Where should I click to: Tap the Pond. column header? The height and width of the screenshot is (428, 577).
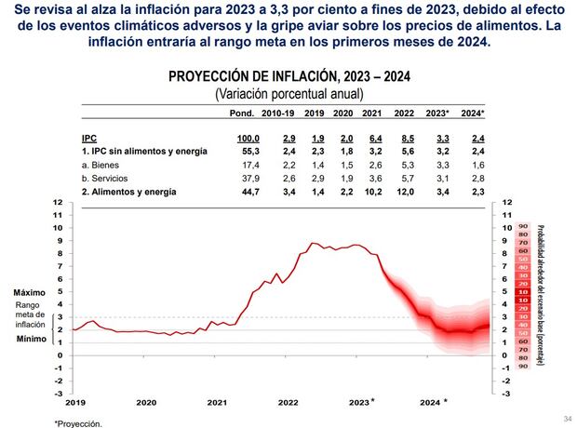click(247, 113)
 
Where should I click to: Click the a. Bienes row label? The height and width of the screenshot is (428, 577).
click(104, 163)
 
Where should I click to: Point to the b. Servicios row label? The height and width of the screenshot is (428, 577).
click(109, 177)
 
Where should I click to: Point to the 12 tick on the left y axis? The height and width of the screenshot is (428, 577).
click(58, 202)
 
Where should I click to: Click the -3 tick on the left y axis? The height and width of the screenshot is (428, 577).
click(57, 393)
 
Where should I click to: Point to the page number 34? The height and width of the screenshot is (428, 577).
click(566, 418)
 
